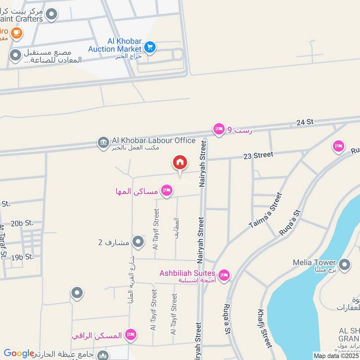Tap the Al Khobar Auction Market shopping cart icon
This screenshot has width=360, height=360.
[x=150, y=46]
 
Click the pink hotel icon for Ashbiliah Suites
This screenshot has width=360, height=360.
[x=224, y=274]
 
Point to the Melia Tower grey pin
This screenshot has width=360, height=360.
[x=345, y=264]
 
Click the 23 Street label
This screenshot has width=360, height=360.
[x=258, y=155]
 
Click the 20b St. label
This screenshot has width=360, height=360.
[x=22, y=223]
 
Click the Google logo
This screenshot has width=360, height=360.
[x=19, y=353]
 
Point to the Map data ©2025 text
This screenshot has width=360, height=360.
[x=336, y=355]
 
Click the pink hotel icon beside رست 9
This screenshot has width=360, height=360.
[x=219, y=129]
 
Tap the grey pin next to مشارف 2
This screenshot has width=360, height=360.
[x=139, y=242]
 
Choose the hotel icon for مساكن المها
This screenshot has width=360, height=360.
[x=167, y=191]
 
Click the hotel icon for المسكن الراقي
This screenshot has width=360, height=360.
[x=131, y=334]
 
